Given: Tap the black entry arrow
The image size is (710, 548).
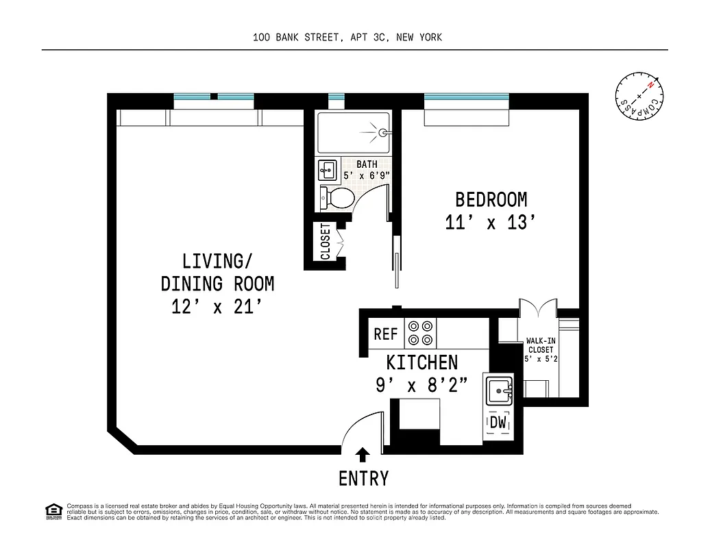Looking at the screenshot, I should click(363, 454).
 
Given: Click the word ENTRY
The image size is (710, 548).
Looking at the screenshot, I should click(363, 477).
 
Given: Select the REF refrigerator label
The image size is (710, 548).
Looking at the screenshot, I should click(386, 334).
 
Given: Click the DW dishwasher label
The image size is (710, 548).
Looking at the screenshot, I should click(498, 423).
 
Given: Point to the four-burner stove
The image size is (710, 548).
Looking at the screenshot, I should click(420, 333).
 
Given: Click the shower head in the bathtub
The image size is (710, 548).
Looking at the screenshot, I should click(384, 132).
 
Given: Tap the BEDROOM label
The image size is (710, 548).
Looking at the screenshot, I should click(491, 200).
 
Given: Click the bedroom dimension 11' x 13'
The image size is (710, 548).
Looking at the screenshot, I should click(489, 223).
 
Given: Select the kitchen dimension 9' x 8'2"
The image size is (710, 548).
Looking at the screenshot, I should click(421, 386).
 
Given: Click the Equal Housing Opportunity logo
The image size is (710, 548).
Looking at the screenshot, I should click(52, 510).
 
